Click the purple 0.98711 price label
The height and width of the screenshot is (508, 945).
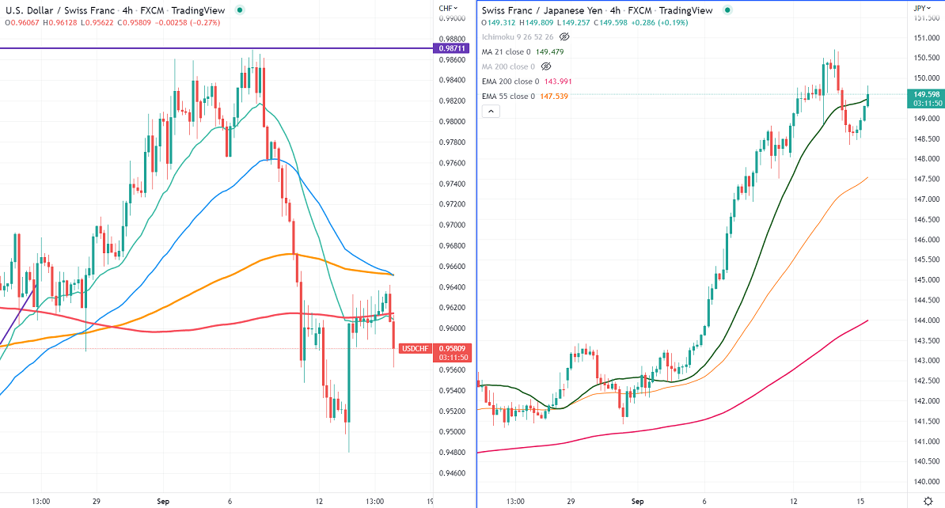point(454,49)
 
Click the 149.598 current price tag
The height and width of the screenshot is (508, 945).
point(925,98)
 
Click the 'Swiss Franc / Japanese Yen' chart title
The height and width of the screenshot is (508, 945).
point(534,10)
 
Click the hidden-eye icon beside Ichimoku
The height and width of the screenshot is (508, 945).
point(565,36)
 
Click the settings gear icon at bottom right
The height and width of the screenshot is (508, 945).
point(928,500)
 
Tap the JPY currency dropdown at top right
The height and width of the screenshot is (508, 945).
point(921,8)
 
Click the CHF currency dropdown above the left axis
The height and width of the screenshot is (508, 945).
point(448,8)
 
